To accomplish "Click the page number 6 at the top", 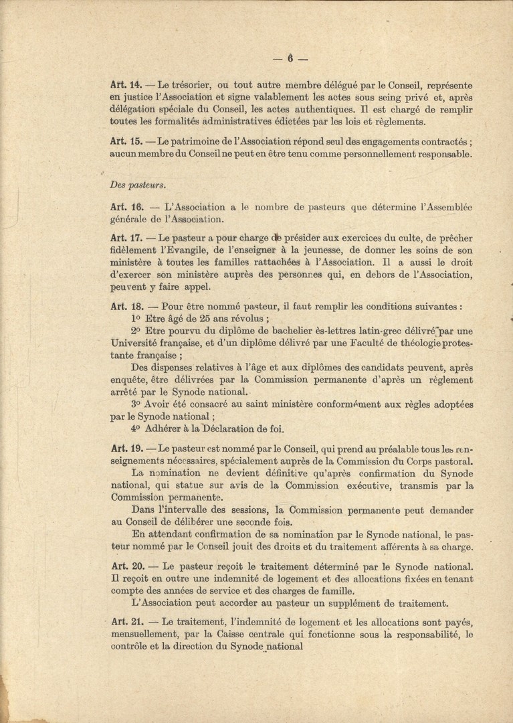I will [291, 58].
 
